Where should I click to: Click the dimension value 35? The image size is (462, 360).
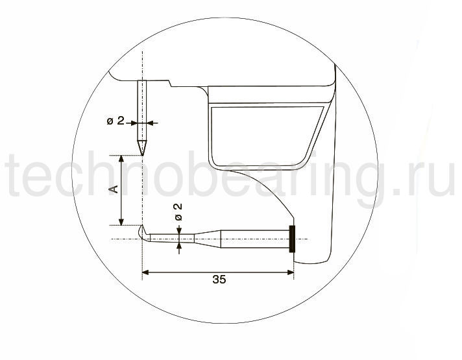pyautogui.click(x=219, y=280)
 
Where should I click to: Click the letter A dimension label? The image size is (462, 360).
pyautogui.click(x=114, y=189)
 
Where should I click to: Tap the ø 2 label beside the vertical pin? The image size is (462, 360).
pyautogui.click(x=115, y=121)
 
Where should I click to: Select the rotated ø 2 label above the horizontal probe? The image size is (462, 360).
pyautogui.click(x=178, y=212)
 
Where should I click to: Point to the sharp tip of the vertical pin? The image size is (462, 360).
pyautogui.click(x=143, y=154)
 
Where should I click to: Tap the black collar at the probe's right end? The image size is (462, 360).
pyautogui.click(x=292, y=239)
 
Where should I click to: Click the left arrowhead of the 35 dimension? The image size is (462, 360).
pyautogui.click(x=145, y=272)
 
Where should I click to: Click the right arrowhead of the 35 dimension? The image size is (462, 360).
pyautogui.click(x=291, y=272)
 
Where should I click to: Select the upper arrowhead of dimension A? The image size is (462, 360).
pyautogui.click(x=121, y=159)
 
